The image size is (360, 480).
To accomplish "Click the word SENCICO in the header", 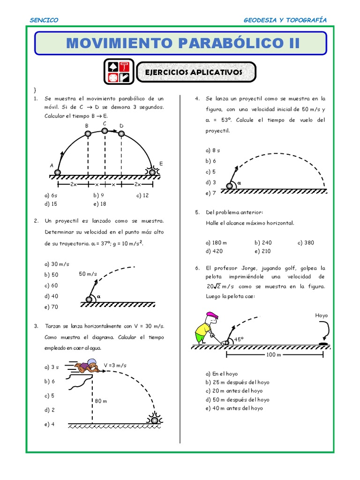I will (44, 20).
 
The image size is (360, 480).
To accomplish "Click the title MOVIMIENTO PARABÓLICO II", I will (182, 43).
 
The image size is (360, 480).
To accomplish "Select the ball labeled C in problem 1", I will (105, 132).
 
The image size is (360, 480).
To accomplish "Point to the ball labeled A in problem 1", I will (58, 172).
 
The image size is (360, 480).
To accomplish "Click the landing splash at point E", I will (152, 172).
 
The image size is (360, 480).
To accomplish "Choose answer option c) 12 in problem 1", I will (142, 195).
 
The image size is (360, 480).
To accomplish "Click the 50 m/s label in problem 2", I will (88, 274).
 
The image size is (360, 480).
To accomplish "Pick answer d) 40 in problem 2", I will (52, 296).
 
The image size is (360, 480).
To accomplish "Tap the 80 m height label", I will (100, 401).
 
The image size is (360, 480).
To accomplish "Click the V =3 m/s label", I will (115, 365).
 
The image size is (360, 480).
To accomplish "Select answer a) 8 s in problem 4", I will (213, 150).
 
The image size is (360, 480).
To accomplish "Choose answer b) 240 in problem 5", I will (263, 242).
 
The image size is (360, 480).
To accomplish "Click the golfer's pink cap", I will (211, 315).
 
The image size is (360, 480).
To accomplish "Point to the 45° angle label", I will (239, 339).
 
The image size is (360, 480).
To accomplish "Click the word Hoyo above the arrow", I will (321, 316).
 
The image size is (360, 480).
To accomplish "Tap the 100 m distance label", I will (273, 354).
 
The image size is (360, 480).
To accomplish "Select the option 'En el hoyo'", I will (222, 374).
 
